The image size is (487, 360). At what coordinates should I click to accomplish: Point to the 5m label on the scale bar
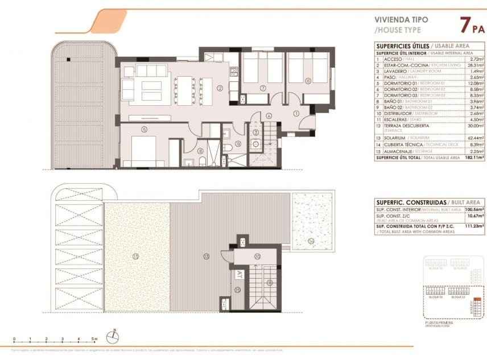click(95, 339)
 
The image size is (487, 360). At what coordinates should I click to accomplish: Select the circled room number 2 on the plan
click(220, 88)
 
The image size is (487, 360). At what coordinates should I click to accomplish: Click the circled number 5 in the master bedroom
click(145, 130)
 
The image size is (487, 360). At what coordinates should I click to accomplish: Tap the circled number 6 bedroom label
click(308, 81)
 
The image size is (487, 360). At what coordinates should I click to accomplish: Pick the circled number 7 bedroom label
click(263, 88)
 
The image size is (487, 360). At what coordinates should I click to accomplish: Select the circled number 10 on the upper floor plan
click(257, 257)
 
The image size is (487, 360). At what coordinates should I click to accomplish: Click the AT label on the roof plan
click(238, 274)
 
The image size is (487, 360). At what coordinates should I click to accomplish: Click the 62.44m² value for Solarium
click(475, 138)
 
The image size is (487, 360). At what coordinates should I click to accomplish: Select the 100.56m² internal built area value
click(474, 210)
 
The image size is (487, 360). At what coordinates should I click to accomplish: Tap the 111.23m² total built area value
click(474, 226)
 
